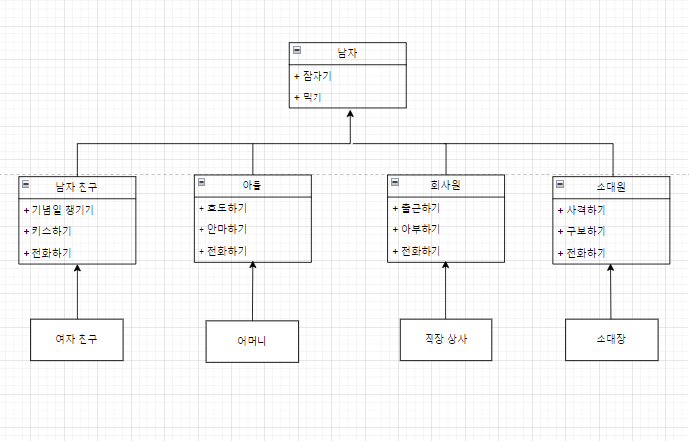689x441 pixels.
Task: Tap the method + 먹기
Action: tap(309, 97)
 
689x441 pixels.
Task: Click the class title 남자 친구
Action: tap(77, 186)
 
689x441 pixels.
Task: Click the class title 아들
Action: tap(253, 185)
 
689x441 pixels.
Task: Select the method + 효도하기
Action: tap(222, 209)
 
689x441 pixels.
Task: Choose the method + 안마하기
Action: tap(222, 229)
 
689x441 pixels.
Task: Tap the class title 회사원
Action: tap(446, 185)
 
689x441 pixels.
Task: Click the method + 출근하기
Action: tap(417, 209)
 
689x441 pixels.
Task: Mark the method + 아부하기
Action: tap(417, 229)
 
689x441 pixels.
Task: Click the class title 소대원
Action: tap(610, 186)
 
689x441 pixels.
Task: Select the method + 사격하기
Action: tap(582, 210)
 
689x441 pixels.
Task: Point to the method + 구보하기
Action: tap(582, 231)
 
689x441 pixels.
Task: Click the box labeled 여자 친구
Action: tap(77, 340)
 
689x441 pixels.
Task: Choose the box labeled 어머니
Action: tap(252, 342)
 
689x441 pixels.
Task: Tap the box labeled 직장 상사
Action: tap(446, 340)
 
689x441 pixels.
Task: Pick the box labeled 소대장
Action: tap(610, 340)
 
